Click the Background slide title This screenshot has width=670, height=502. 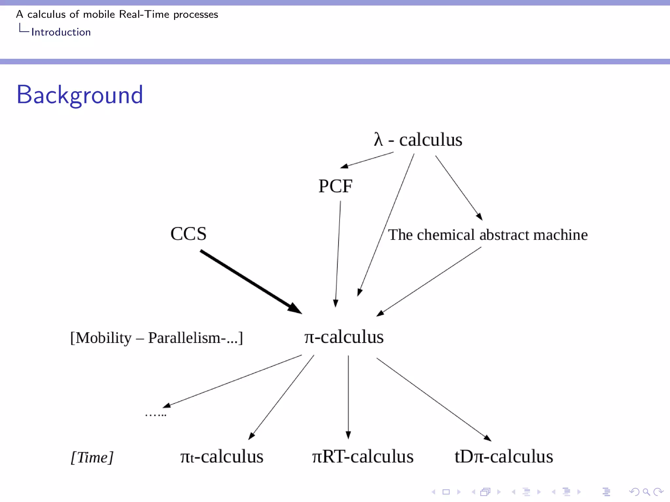click(80, 95)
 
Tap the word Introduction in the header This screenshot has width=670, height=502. click(61, 32)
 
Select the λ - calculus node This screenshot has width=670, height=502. click(418, 140)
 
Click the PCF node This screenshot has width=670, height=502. click(335, 186)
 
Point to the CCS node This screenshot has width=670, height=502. click(188, 234)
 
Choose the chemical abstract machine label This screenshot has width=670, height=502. click(487, 235)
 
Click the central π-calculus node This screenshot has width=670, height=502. click(344, 337)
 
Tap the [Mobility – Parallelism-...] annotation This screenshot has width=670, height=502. click(156, 338)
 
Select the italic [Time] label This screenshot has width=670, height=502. click(92, 457)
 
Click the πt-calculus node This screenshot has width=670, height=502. click(221, 457)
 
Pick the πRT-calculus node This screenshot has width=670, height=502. click(362, 457)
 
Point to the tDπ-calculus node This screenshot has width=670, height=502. click(503, 457)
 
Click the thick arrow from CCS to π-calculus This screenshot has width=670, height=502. click(250, 282)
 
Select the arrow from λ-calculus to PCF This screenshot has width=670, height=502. click(367, 160)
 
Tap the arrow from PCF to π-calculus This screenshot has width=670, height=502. click(338, 254)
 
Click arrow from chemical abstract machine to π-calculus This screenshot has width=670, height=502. click(429, 281)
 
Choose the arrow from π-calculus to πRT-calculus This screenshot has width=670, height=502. click(348, 397)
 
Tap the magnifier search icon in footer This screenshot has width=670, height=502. click(646, 492)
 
